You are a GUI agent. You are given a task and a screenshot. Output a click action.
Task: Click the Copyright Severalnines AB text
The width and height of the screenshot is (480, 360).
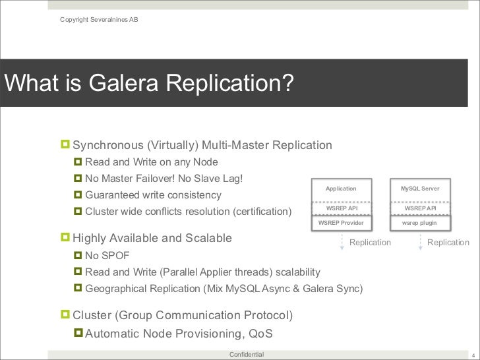(99, 18)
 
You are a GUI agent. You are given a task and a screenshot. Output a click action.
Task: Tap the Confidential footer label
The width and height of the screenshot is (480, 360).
(246, 355)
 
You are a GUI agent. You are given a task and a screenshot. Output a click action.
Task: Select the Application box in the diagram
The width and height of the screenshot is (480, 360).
(341, 189)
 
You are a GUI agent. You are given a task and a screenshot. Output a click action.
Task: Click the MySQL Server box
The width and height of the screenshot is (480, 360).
(420, 189)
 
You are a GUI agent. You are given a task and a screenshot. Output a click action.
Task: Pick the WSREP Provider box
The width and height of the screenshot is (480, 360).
(341, 223)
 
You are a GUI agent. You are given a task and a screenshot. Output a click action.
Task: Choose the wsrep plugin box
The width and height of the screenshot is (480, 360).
(420, 223)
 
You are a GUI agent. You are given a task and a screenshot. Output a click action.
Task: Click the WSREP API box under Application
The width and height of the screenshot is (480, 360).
(341, 208)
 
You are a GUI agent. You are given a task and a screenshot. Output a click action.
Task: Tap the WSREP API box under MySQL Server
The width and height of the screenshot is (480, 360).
(420, 208)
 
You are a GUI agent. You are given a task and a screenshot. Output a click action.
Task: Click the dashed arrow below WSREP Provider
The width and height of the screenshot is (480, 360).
(342, 242)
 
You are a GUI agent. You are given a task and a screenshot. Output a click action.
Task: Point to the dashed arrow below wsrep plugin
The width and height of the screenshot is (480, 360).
(421, 242)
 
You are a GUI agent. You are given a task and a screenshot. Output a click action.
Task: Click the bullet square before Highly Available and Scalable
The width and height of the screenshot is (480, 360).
(65, 237)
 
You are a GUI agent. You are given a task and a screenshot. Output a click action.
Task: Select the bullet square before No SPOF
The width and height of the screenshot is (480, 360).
(78, 255)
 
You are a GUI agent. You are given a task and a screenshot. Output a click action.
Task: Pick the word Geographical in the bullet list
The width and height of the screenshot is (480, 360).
(115, 289)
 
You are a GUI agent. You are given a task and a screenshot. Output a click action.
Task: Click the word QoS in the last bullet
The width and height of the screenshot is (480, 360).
(260, 334)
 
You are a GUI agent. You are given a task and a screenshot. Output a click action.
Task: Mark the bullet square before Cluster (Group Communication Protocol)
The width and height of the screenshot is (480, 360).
(65, 315)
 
